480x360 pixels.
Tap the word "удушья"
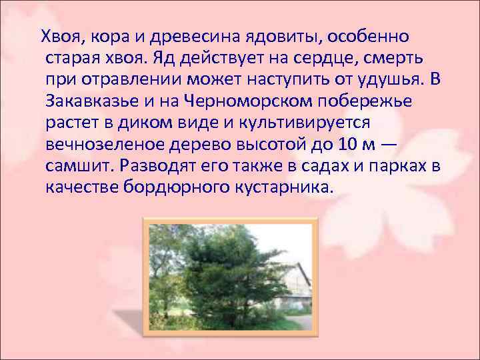(x=383, y=78)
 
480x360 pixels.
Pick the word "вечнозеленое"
(x=104, y=144)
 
